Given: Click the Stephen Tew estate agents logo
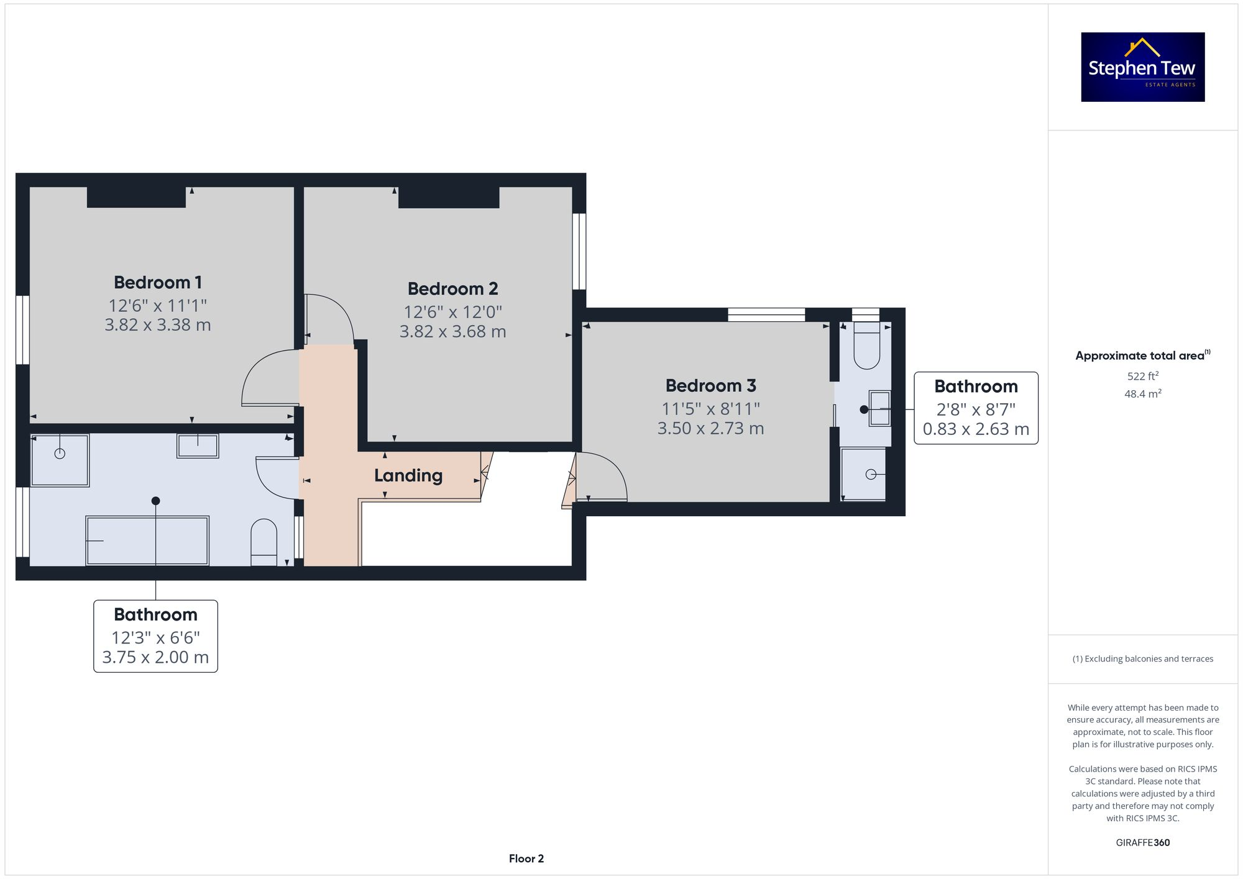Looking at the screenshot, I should tap(1142, 67).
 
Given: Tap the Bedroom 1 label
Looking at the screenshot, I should tap(158, 283).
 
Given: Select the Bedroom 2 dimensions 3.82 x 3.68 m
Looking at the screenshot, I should tap(452, 332).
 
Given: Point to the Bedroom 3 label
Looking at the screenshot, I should tap(710, 386).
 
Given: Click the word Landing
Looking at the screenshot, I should tap(408, 476).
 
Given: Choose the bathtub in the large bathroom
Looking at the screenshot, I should tap(147, 540).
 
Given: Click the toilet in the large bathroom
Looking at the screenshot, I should tap(264, 542).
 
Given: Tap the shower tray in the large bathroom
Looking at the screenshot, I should tap(60, 460).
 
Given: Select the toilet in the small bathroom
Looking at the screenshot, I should tap(866, 348).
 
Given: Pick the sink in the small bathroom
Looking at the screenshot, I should tap(879, 408).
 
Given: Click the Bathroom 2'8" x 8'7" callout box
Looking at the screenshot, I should tap(976, 408).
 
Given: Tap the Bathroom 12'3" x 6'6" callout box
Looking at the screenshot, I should tap(155, 636).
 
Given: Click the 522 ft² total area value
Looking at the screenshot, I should tap(1142, 376).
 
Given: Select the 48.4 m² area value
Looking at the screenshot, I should tap(1142, 394).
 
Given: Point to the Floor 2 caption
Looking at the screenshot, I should tap(526, 859).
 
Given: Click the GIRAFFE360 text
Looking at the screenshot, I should tap(1142, 843).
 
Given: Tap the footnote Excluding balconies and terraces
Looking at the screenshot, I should tap(1142, 659).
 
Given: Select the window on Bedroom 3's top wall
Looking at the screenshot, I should tap(766, 314).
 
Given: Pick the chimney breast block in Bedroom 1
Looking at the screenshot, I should tap(136, 197).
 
